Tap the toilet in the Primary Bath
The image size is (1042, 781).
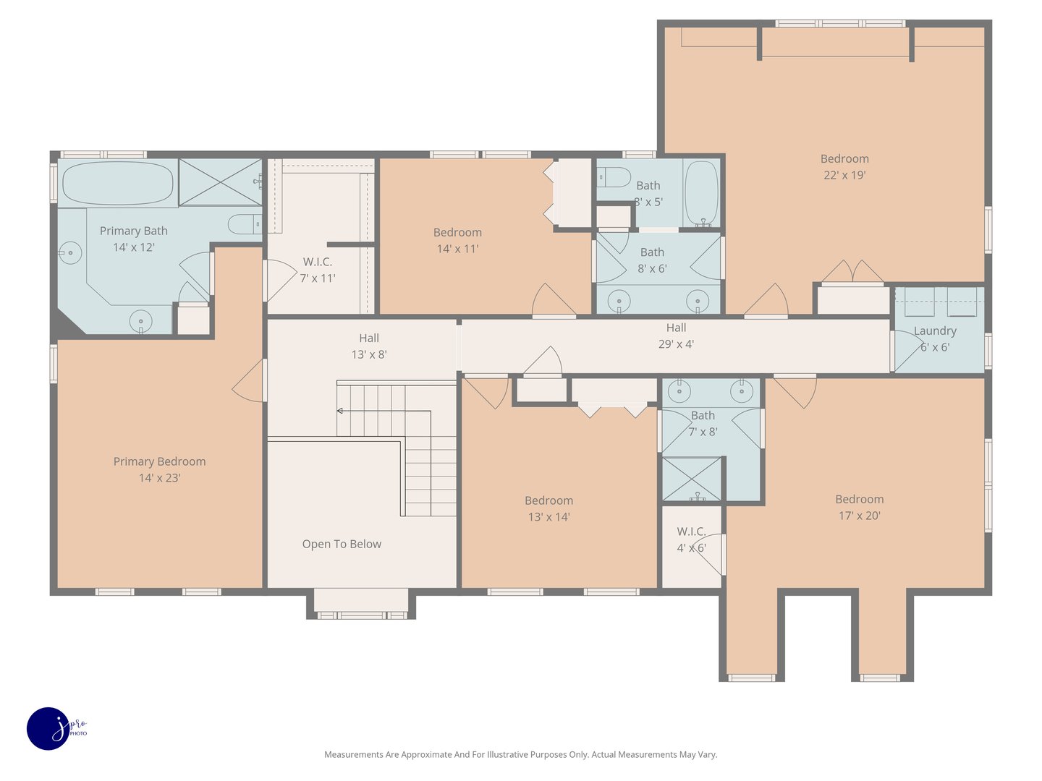click(x=245, y=224)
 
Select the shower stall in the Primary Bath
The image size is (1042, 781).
click(x=220, y=182)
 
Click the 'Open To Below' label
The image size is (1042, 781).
click(x=342, y=544)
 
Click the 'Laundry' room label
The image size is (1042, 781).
click(x=935, y=330)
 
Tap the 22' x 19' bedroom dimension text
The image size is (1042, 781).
click(x=844, y=175)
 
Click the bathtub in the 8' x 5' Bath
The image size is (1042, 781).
click(x=701, y=192)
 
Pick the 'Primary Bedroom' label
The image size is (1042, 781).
click(x=159, y=461)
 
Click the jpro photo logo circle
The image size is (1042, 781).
click(x=48, y=728)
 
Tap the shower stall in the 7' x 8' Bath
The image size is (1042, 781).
click(x=692, y=479)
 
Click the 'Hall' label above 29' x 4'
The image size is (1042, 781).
click(x=676, y=328)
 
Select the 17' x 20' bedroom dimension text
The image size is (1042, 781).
click(x=859, y=516)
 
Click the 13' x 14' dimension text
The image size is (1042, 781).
click(x=548, y=517)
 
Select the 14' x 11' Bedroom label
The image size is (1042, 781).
click(x=457, y=232)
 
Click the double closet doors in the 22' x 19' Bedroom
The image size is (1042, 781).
click(x=852, y=272)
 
